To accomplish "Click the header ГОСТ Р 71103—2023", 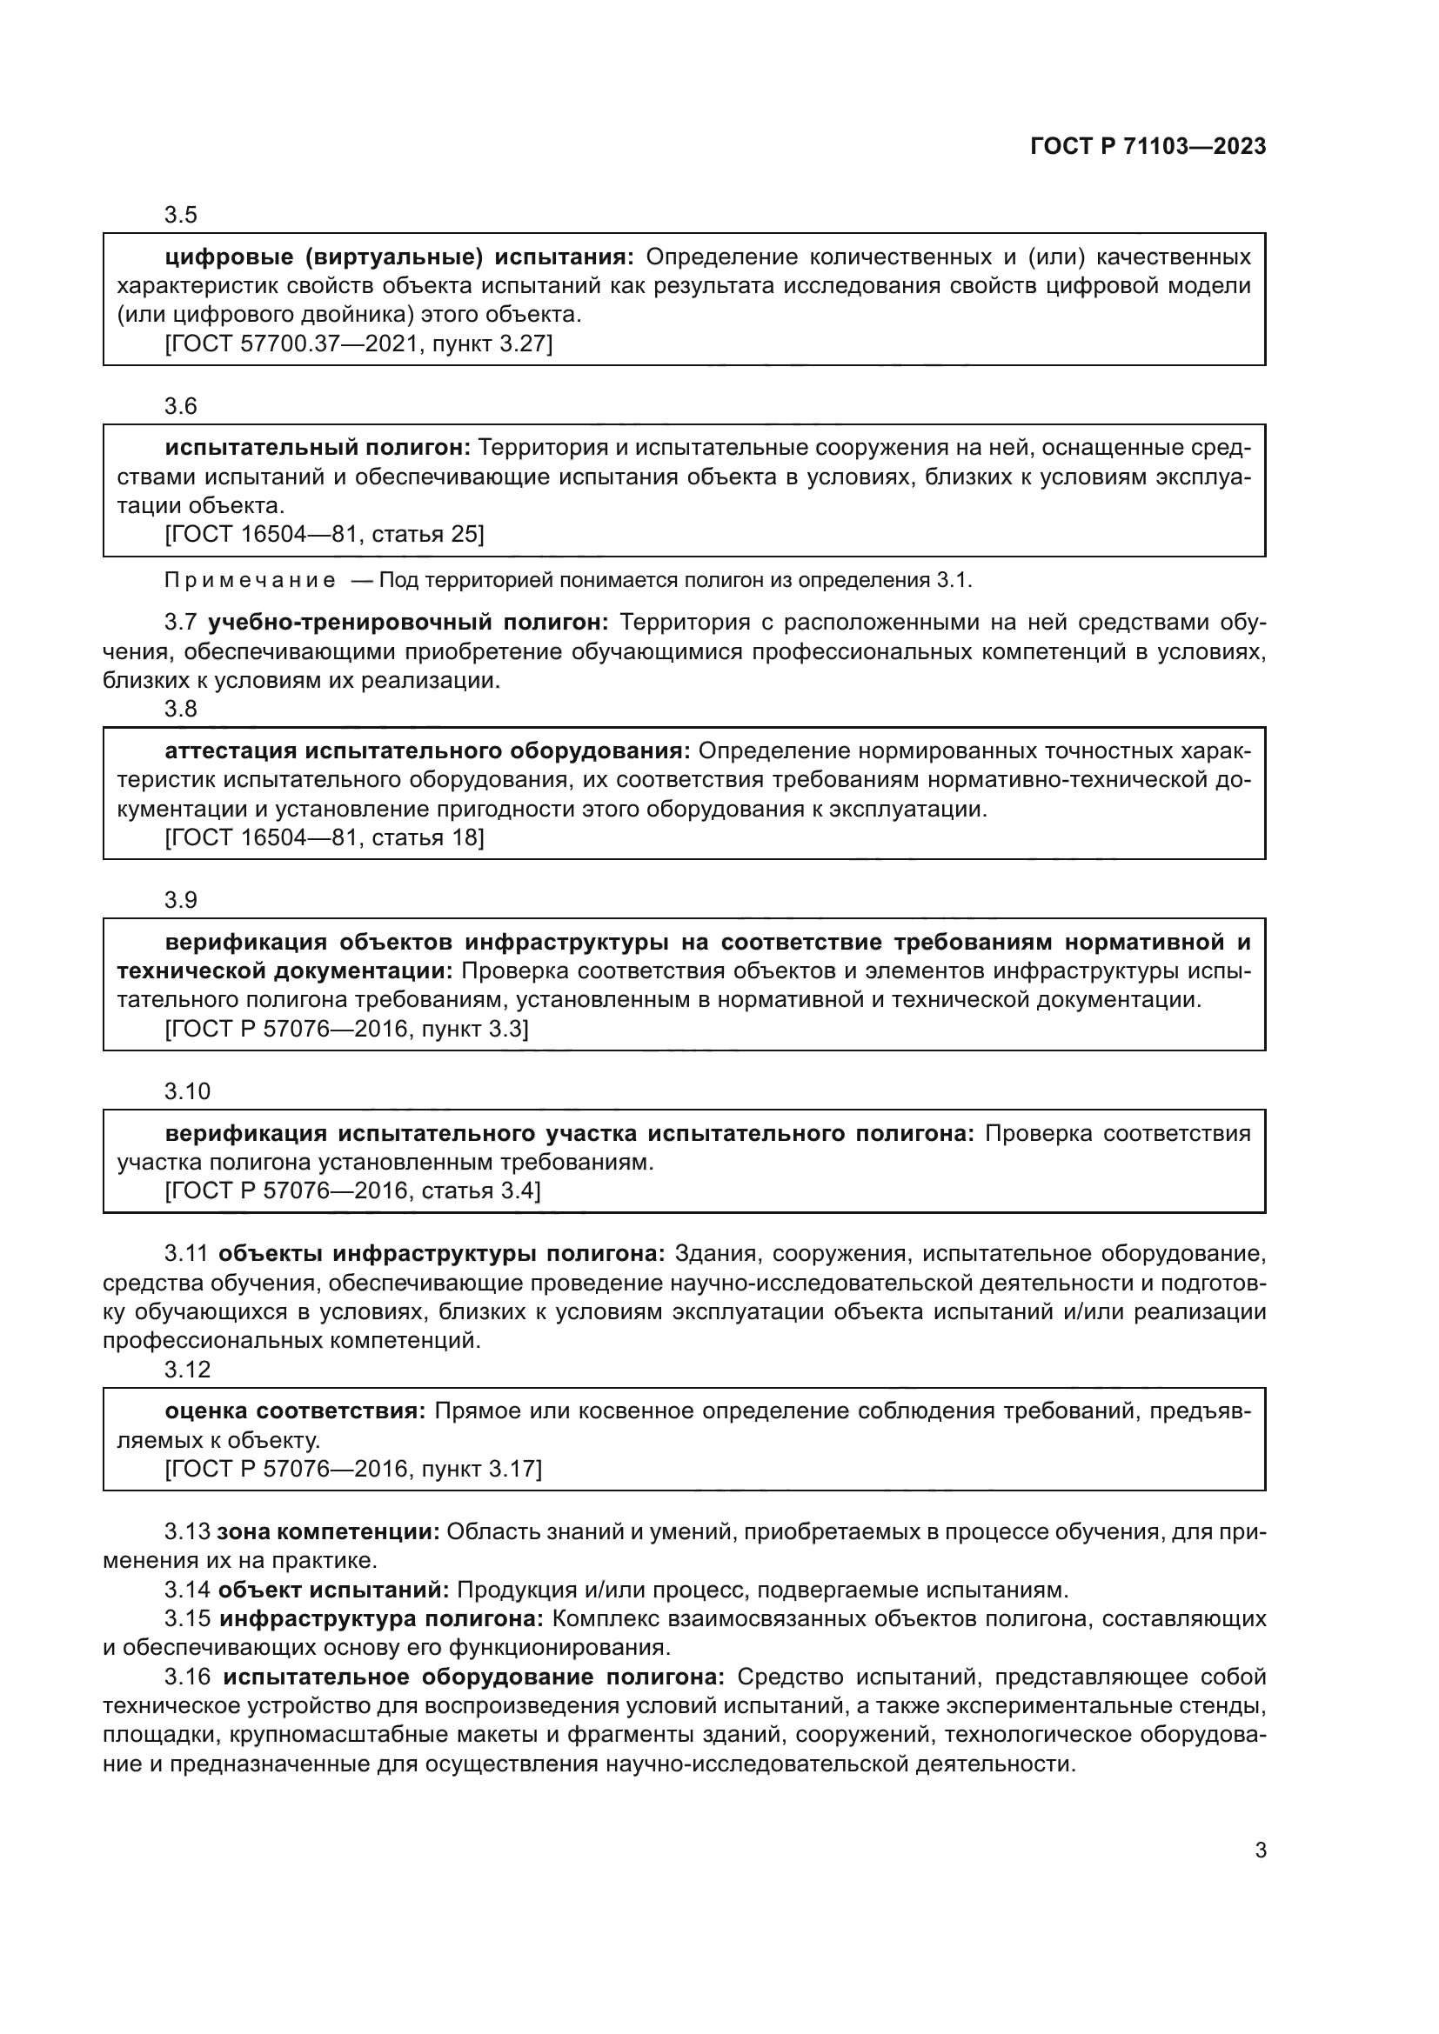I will point(1148,147).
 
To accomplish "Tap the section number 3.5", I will point(181,216).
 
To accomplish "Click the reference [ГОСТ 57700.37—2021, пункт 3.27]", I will point(358,343).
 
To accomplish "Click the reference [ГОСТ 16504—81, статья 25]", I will point(325,534).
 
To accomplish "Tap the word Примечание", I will point(250,581).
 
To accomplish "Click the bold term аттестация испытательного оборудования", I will point(427,751).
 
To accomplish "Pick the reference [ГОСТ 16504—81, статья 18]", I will point(325,837).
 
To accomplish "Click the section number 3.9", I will point(181,900).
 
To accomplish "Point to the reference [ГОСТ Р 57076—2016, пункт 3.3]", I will point(346,1029).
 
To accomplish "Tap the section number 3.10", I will point(187,1091).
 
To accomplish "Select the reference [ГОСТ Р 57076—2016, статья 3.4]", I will point(352,1190).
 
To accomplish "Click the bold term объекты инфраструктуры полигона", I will point(441,1254).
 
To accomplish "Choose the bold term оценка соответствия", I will point(295,1411).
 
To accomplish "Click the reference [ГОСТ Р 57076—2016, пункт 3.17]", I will point(352,1469).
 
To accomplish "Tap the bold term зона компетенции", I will point(328,1531).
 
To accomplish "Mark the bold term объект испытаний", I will point(334,1591).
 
